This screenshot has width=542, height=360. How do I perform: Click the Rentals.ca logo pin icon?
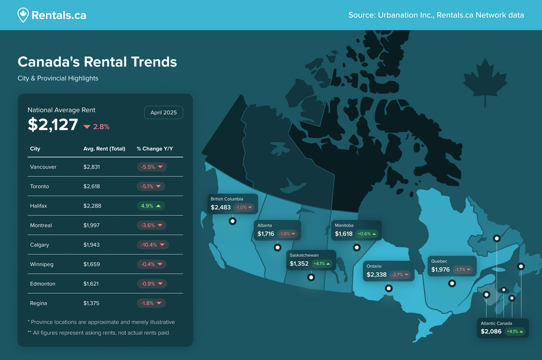click(23, 15)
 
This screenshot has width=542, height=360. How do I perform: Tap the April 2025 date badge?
click(164, 113)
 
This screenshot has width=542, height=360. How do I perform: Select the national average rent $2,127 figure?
click(53, 125)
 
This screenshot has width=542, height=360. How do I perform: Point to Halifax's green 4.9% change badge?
click(151, 206)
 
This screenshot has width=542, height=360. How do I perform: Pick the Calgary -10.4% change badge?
click(152, 245)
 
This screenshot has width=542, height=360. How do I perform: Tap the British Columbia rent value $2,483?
click(221, 208)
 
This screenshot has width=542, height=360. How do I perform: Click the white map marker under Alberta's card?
click(278, 247)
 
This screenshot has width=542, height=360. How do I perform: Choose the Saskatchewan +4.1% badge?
click(321, 264)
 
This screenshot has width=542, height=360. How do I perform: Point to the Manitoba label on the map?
click(344, 225)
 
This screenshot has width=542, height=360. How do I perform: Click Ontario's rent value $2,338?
click(377, 275)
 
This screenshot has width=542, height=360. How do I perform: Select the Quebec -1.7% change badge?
click(463, 270)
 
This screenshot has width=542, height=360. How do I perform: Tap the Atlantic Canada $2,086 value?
click(491, 331)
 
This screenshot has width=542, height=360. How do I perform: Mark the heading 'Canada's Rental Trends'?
click(98, 62)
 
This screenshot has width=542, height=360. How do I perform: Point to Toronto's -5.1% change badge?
click(151, 187)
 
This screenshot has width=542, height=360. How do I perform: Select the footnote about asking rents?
click(98, 333)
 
